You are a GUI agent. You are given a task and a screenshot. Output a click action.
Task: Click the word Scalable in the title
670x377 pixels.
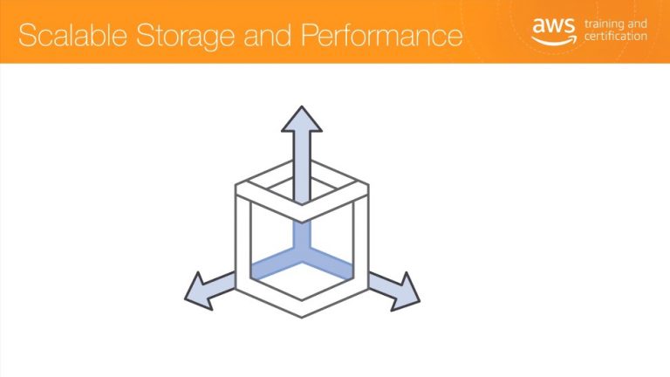72,35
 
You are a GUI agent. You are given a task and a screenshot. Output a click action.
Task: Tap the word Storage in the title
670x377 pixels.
185,36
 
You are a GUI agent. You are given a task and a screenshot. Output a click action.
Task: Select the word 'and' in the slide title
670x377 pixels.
268,35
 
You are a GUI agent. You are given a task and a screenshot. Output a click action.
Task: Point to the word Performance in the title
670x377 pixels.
381,35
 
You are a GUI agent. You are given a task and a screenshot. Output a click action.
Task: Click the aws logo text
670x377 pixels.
554,25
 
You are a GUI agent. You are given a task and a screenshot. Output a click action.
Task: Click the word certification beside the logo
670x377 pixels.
616,36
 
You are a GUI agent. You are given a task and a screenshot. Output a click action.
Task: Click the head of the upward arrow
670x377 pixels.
302,120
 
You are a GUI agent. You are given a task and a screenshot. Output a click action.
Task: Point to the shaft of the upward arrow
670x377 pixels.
302,167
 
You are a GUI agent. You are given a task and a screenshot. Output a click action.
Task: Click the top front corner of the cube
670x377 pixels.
302,223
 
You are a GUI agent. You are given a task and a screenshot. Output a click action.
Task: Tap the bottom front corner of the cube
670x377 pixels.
302,317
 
